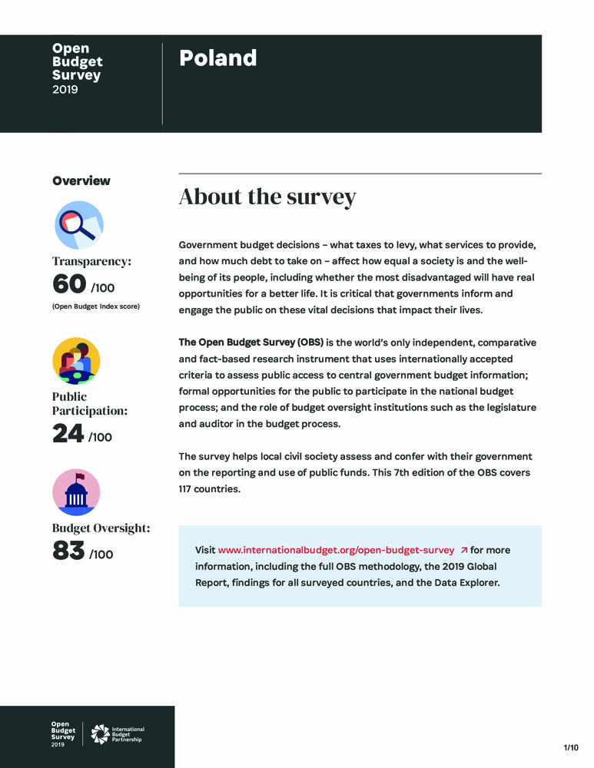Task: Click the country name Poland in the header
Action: tap(217, 58)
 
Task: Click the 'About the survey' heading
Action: tap(267, 197)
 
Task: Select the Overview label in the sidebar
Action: tap(81, 181)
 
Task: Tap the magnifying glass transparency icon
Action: tap(78, 224)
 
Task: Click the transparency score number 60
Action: tap(69, 284)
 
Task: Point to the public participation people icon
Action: tap(76, 360)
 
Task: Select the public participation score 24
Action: tap(68, 434)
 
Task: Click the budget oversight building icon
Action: tap(76, 492)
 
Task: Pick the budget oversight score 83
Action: tap(68, 551)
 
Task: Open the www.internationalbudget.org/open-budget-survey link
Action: tap(337, 551)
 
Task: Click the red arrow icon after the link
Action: tap(463, 551)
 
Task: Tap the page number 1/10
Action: tap(571, 747)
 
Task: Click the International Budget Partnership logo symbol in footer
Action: tap(100, 734)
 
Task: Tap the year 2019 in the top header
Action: tap(65, 90)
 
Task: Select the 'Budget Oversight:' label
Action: tap(101, 528)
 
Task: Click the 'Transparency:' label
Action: tap(91, 261)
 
